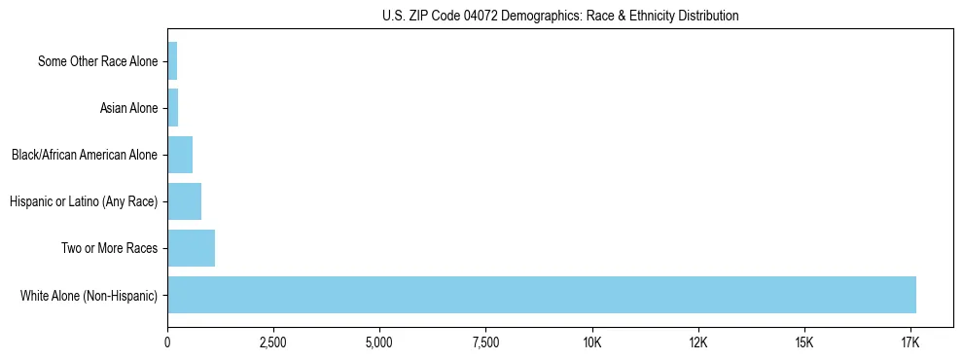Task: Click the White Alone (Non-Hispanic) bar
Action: (x=542, y=295)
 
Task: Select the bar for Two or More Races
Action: (x=191, y=248)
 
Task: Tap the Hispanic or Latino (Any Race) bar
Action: (x=184, y=201)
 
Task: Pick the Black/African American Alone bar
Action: (x=180, y=155)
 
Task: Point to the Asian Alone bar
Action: (x=173, y=108)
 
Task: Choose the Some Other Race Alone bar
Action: (x=172, y=61)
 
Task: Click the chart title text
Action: (x=560, y=16)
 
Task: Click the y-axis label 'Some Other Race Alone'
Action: (x=97, y=61)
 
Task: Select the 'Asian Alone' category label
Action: (x=128, y=108)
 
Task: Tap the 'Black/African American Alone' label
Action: (x=84, y=155)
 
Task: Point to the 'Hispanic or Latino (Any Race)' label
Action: (x=83, y=201)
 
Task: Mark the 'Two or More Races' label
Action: (x=109, y=248)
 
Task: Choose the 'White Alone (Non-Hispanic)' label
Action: (x=89, y=295)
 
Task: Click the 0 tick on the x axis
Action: (x=167, y=342)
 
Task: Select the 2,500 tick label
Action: (x=273, y=342)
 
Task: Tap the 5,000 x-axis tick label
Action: (x=379, y=342)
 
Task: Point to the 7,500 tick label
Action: (x=485, y=342)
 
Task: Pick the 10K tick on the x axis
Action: (x=591, y=342)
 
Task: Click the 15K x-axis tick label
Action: (x=803, y=342)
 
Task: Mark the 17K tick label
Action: (x=909, y=342)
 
